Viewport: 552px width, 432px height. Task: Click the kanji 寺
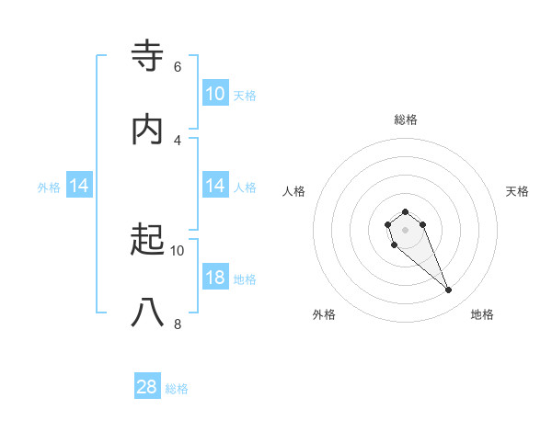coord(148,56)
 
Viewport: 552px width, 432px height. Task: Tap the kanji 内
coord(148,130)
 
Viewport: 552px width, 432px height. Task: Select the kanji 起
coord(148,240)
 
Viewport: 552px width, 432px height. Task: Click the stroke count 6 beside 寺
coord(178,66)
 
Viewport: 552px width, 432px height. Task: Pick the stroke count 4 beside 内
coord(178,140)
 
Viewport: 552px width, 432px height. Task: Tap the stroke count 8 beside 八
coord(178,324)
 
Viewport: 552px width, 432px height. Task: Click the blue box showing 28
coord(147,388)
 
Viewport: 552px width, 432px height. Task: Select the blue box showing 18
coord(215,279)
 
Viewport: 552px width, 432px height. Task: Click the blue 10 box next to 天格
coord(215,94)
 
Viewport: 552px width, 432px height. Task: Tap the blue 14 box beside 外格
coord(79,187)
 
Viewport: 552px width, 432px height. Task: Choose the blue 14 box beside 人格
coord(215,187)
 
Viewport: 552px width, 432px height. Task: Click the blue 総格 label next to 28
coord(178,389)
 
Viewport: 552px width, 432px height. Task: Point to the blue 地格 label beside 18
coord(245,279)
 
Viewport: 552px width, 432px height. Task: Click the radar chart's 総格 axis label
coord(406,119)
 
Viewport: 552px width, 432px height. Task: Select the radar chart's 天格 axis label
coord(517,191)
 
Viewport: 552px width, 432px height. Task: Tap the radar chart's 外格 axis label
coord(324,314)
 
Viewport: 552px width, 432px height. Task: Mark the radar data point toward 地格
coord(448,290)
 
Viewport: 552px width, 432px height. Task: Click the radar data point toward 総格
coord(405,210)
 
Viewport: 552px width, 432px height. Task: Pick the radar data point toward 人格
coord(388,224)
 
